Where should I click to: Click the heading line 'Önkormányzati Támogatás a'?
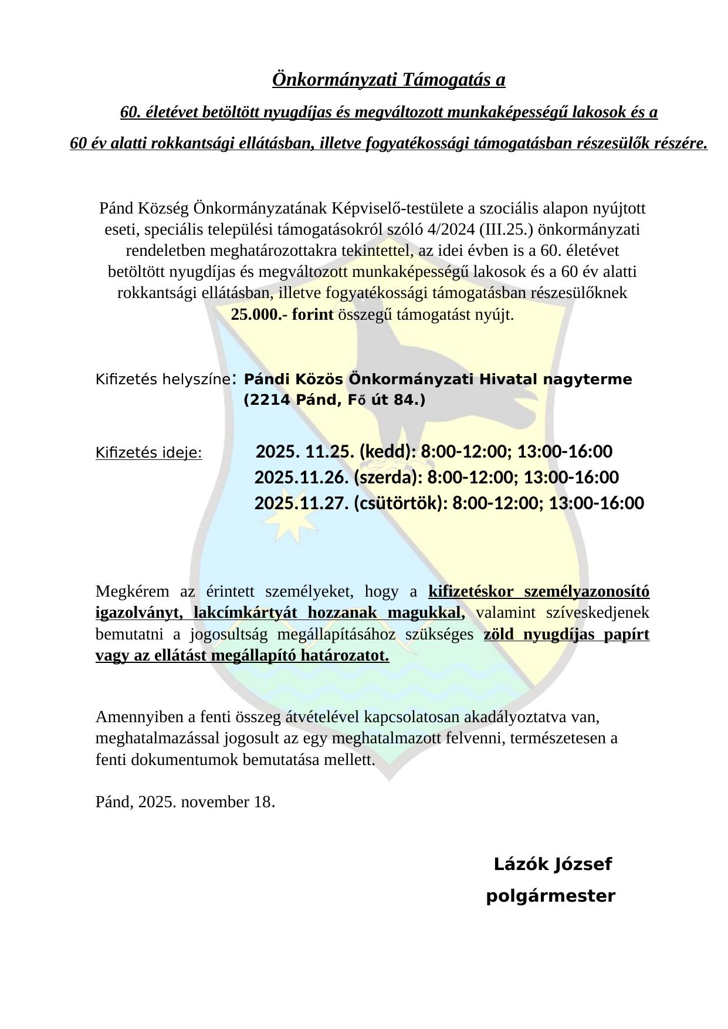click(388, 80)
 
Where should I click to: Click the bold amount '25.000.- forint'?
click(282, 315)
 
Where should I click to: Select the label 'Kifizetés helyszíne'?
click(162, 380)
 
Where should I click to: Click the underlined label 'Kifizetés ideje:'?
click(148, 453)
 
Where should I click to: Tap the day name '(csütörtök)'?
click(398, 503)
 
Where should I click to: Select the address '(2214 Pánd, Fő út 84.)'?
click(334, 400)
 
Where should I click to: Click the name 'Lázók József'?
click(553, 864)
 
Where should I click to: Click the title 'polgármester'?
click(551, 896)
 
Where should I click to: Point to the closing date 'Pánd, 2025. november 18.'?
click(185, 801)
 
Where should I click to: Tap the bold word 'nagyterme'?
click(587, 380)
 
